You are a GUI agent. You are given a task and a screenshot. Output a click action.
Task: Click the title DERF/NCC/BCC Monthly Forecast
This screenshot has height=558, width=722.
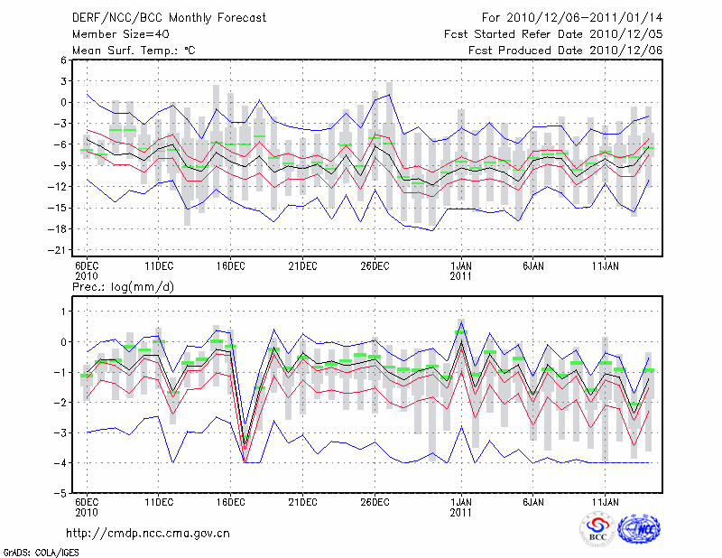coord(169,18)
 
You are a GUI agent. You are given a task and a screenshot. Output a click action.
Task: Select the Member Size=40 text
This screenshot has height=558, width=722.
coord(121,34)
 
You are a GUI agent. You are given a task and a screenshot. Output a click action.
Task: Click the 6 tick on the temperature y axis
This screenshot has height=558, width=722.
coord(63,60)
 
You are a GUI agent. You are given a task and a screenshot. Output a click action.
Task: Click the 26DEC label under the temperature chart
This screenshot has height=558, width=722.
coord(375,266)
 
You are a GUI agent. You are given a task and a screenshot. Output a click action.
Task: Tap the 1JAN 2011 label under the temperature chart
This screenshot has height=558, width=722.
coord(461,271)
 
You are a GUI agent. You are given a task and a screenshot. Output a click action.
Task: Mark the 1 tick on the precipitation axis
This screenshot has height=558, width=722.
coord(64,312)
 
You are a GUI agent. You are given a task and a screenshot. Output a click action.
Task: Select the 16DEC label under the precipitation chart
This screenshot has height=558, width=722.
coord(231,501)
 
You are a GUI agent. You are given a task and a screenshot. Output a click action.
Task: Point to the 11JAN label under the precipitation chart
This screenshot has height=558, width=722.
coord(606,501)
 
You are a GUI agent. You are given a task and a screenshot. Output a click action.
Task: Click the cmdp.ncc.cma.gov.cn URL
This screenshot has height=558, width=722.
coord(148,533)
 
